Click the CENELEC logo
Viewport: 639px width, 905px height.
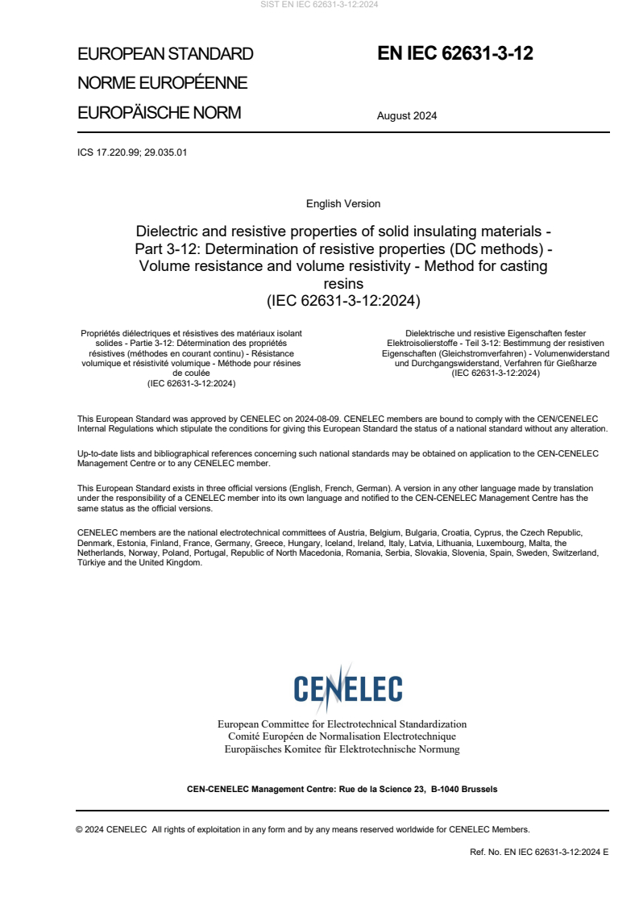coord(347,689)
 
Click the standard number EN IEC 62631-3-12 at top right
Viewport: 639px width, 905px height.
coord(455,54)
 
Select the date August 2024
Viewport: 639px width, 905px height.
coord(407,115)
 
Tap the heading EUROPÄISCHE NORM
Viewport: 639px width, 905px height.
coord(159,113)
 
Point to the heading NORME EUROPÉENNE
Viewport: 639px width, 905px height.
coord(162,83)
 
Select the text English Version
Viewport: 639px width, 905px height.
coord(343,204)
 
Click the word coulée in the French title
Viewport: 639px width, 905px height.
coord(191,373)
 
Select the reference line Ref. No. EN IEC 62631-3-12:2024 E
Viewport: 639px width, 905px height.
coord(539,852)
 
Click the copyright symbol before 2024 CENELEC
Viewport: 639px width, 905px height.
coord(80,829)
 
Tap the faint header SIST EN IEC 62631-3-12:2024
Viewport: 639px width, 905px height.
coord(319,5)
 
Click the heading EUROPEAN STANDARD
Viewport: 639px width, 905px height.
coord(165,54)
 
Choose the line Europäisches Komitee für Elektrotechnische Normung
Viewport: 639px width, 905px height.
coord(342,749)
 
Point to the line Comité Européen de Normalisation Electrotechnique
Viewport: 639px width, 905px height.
coord(342,736)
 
